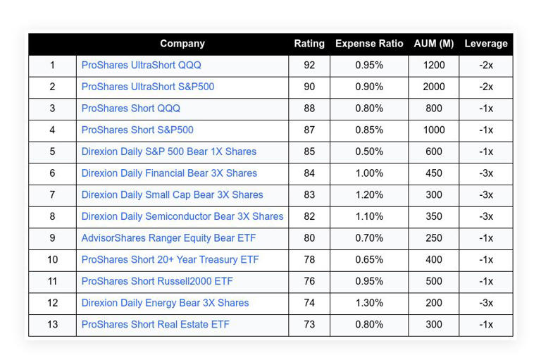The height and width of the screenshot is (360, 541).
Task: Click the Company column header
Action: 182,44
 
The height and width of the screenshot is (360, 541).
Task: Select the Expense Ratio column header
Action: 369,44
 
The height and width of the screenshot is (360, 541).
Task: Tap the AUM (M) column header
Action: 434,44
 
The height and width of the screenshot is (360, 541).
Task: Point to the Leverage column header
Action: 486,44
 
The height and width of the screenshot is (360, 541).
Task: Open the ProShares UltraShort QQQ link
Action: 141,66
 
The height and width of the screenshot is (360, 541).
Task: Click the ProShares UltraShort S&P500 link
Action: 148,87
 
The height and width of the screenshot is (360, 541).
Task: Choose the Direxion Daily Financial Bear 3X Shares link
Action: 169,173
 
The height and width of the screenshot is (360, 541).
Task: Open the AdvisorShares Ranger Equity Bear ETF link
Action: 168,238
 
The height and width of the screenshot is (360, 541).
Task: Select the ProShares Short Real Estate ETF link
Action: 155,325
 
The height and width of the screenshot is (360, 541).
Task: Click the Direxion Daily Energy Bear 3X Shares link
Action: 165,303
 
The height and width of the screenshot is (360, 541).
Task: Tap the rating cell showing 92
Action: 309,66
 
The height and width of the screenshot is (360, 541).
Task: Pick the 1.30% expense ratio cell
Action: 369,303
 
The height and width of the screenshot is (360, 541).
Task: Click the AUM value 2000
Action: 434,87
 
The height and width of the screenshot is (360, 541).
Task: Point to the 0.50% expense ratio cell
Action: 369,151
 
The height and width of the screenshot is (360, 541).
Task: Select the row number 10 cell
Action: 52,260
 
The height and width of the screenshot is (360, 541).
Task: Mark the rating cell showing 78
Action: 309,260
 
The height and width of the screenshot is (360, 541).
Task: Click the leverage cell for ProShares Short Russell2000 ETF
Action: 486,281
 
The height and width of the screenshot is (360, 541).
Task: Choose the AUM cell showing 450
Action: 434,173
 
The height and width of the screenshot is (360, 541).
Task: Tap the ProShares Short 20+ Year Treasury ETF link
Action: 170,260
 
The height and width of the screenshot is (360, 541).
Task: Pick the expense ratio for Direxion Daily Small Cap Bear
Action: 369,195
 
